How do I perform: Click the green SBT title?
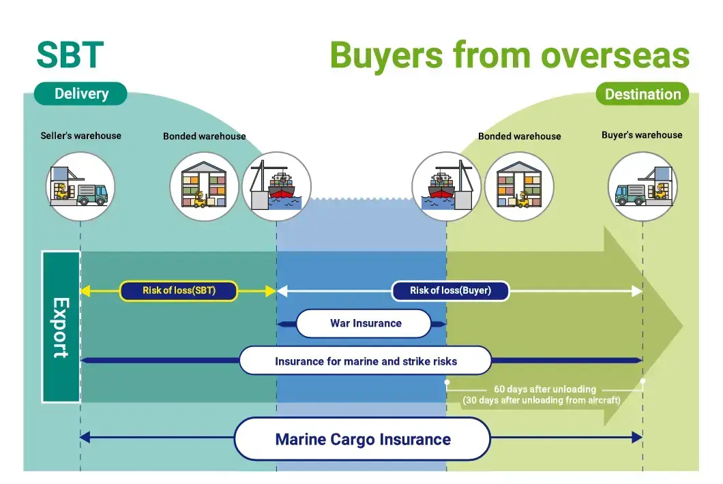(70, 55)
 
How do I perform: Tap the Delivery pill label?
(81, 94)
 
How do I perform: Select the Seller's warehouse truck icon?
(80, 186)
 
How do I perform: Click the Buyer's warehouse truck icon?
(643, 186)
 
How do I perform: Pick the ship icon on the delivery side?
(277, 186)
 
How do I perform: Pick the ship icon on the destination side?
(446, 186)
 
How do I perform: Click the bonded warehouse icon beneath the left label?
(204, 186)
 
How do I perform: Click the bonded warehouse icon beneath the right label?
(519, 186)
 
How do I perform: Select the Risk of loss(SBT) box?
(179, 291)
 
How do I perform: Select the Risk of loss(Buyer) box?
(450, 291)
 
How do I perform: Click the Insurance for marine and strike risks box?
(366, 361)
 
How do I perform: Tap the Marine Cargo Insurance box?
(363, 439)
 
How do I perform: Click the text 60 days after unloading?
(545, 389)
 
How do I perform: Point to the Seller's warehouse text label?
(80, 136)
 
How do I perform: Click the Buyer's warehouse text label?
(642, 135)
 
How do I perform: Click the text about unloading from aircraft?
(542, 400)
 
